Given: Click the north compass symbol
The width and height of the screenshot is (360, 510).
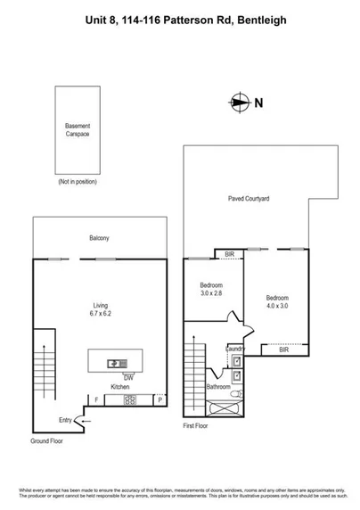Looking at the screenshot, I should tap(237, 102).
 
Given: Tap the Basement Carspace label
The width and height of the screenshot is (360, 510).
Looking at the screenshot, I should tap(78, 131).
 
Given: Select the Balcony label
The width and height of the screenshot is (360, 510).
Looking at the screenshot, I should tap(99, 238).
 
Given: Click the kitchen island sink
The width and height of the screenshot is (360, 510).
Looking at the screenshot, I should tap(117, 363).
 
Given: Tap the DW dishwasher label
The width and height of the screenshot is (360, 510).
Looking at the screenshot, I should tap(116, 377).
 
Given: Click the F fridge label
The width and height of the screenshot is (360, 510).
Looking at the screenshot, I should tap(95, 400).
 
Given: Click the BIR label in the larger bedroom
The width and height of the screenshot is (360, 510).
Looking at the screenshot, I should tap(284, 350).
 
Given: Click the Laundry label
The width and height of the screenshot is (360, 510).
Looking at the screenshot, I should tap(234, 349).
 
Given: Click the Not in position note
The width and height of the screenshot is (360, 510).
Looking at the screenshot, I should tap(77, 182).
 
